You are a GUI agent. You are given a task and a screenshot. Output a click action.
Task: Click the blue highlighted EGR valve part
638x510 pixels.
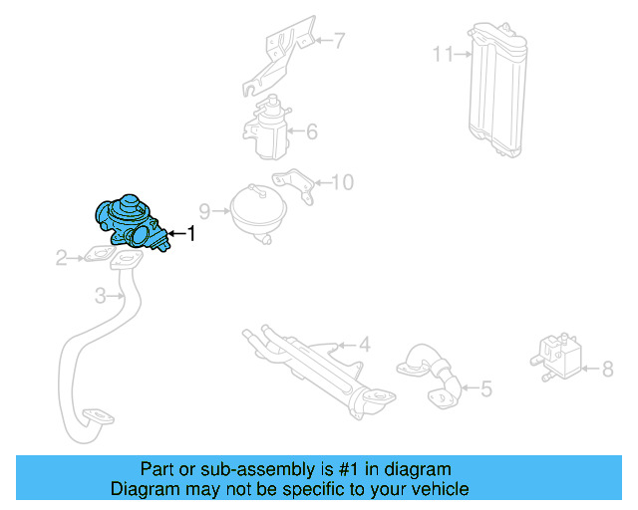[x=129, y=222]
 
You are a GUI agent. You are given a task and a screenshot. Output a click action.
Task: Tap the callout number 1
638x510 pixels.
[x=190, y=234]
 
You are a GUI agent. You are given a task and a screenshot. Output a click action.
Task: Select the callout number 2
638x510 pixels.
[x=62, y=259]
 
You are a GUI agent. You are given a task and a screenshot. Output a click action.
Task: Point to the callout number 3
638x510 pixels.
[x=101, y=296]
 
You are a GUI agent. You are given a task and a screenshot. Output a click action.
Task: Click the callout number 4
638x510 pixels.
[x=365, y=346]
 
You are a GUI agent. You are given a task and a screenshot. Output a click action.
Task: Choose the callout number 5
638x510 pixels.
[x=485, y=388]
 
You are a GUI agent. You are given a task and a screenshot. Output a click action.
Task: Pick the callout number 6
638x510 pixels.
[x=311, y=131]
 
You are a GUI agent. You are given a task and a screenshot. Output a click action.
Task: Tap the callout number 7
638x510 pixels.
[x=338, y=41]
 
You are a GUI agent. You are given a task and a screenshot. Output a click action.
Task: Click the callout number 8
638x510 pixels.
[x=607, y=370]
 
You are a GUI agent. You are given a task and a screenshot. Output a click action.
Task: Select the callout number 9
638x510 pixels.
[x=205, y=211]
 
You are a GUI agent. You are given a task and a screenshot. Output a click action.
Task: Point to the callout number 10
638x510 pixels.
[x=342, y=182]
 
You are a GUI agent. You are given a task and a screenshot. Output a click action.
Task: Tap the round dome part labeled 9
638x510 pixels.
[x=256, y=210]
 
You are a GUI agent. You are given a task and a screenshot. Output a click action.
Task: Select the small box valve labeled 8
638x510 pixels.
[x=554, y=355]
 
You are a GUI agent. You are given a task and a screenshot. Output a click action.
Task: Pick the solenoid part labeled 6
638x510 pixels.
[x=266, y=129]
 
